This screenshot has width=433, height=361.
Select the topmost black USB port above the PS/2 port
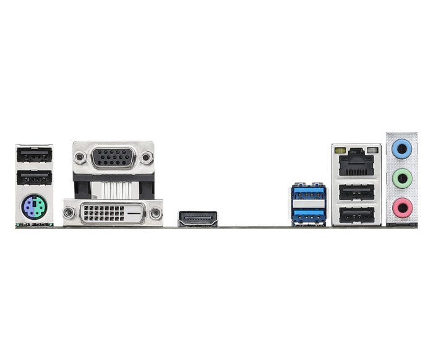click(34, 155)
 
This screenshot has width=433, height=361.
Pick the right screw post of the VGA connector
click(146, 158)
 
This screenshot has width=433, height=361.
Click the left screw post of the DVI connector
click(69, 214)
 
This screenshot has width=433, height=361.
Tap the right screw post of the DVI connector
click(156, 214)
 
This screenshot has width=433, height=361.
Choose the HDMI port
click(198, 218)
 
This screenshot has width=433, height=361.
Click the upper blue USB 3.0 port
click(308, 193)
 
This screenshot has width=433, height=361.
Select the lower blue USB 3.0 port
click(308, 214)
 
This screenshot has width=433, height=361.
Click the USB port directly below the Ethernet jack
click(356, 193)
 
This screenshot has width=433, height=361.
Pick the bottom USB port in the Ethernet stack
click(356, 215)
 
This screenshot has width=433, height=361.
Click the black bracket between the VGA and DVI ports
click(113, 185)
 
